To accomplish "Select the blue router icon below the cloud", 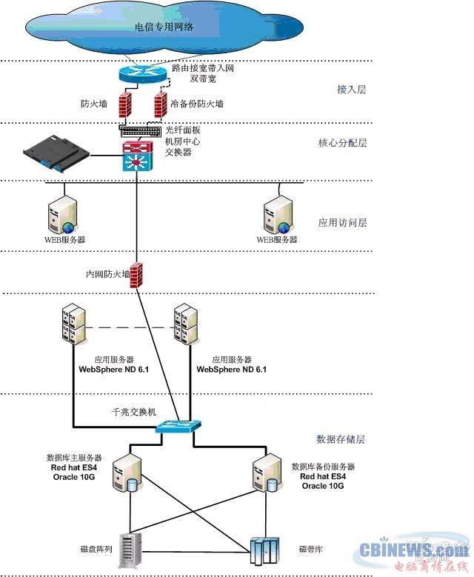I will (143, 73).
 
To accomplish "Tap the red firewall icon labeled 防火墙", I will (124, 104).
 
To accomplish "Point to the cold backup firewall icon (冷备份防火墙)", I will (158, 104).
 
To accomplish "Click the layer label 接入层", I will (352, 90).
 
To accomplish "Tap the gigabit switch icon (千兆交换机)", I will (178, 427).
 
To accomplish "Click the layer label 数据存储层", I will (341, 439).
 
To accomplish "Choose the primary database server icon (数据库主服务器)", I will (127, 475).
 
